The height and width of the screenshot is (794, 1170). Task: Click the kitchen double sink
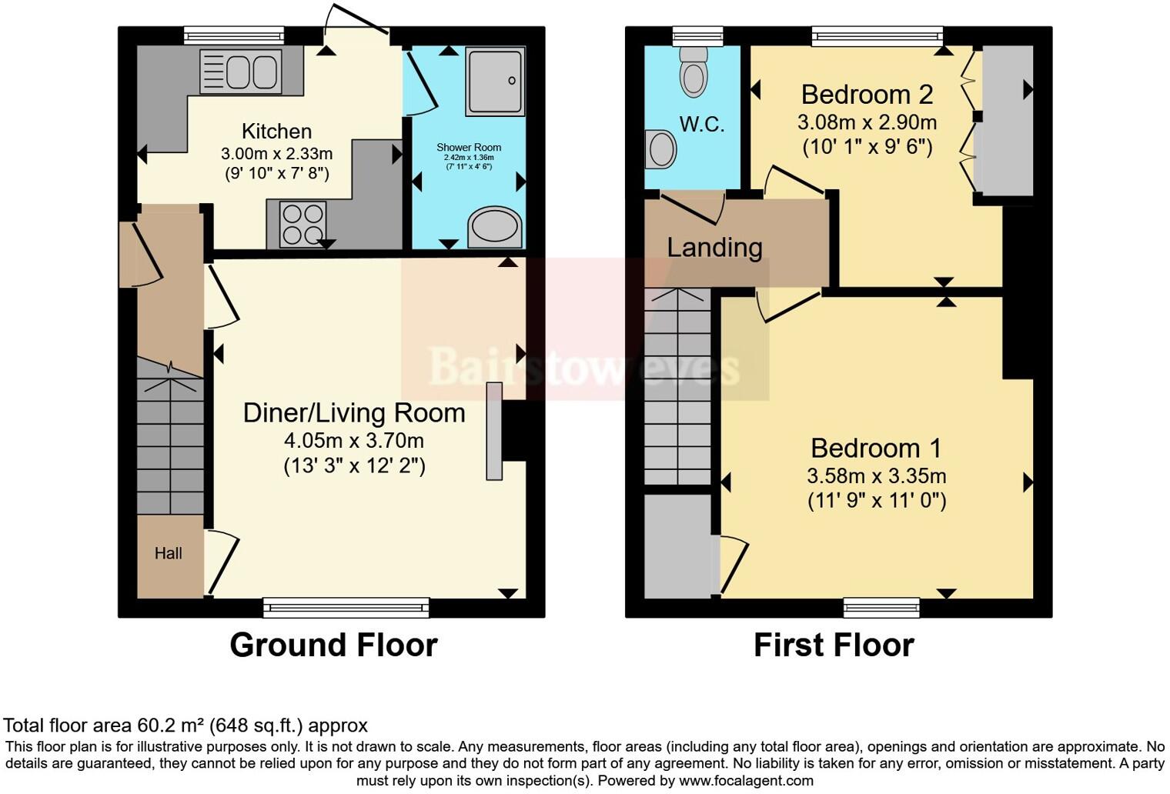[x=239, y=72]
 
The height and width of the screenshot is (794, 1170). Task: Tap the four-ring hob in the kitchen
[x=303, y=224]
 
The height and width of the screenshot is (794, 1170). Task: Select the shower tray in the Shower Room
[x=495, y=81]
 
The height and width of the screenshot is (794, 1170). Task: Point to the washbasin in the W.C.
[x=660, y=148]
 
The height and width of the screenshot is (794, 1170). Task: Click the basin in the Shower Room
[x=495, y=227]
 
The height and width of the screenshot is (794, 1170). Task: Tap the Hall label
[x=169, y=553]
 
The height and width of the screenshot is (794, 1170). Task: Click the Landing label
[x=714, y=248]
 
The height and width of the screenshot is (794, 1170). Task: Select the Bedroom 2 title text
[x=867, y=95]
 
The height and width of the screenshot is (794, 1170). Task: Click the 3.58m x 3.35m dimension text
[x=876, y=475]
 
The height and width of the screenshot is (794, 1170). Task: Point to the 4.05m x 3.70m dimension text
[x=354, y=441]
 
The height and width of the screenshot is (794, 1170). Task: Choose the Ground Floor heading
[x=333, y=645]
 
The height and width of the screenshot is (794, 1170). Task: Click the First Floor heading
[x=834, y=645]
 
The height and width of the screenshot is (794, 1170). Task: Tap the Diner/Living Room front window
[x=346, y=608]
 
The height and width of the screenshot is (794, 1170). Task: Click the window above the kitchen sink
[x=234, y=35]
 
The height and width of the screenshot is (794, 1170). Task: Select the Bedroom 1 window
[x=881, y=608]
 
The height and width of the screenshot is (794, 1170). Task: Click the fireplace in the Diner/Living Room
[x=494, y=431]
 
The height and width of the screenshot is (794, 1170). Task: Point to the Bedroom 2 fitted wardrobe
[x=1004, y=119]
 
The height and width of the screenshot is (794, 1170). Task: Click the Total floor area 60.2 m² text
[x=186, y=725]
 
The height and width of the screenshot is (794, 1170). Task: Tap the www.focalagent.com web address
[x=745, y=781]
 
